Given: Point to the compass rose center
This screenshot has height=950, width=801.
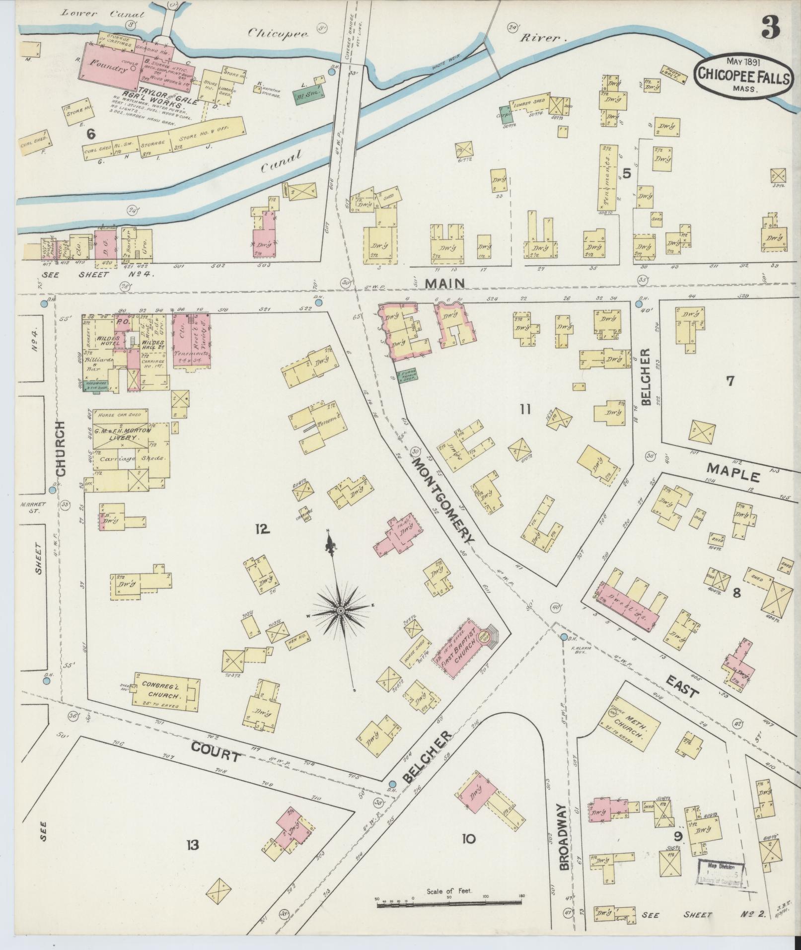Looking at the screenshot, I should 341,609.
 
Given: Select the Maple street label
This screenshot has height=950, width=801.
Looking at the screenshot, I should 733,472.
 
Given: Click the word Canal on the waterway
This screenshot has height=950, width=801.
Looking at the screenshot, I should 281,162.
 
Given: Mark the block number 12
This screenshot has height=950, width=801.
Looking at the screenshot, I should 262,530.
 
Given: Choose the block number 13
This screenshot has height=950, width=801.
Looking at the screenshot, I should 193,844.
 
